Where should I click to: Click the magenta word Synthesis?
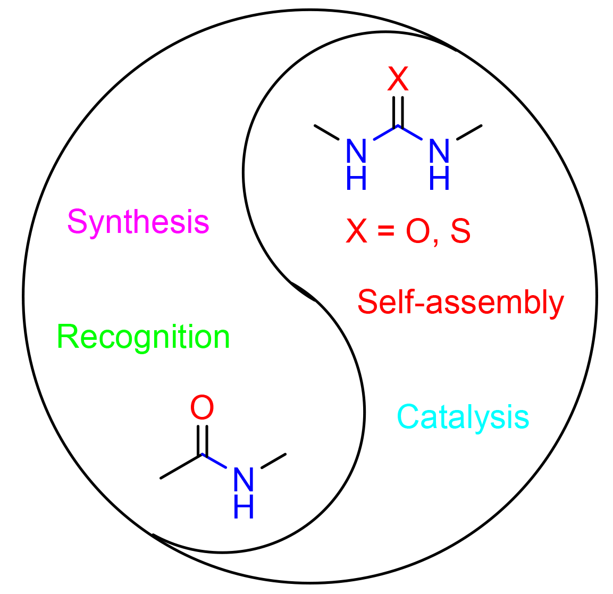[x=138, y=222]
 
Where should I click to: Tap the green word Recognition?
[x=144, y=337]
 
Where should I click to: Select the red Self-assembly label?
[x=460, y=303]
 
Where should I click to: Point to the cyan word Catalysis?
[x=463, y=417]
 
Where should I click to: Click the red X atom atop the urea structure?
[x=398, y=79]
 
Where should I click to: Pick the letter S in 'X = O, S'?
[x=460, y=231]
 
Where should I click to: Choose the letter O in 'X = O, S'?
[x=417, y=231]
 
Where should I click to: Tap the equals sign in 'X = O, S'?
[x=387, y=232]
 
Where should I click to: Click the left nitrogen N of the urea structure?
[x=356, y=151]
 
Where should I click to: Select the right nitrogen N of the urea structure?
[x=439, y=151]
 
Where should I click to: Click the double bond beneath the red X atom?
[x=398, y=111]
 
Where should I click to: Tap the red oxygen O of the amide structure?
[x=202, y=408]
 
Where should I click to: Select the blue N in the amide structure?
[x=243, y=480]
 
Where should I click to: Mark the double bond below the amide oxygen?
[x=202, y=439]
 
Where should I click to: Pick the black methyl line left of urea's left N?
[x=326, y=132]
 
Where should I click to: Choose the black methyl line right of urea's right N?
[x=469, y=132]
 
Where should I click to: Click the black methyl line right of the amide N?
[x=274, y=461]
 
